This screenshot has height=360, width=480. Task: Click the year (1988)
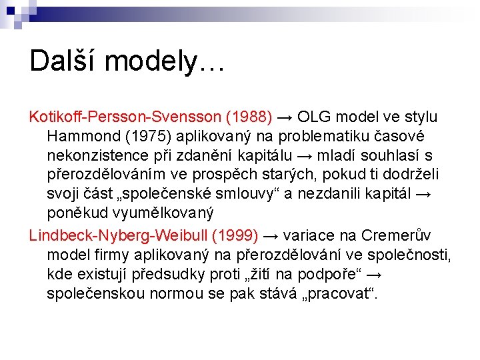pyautogui.click(x=249, y=117)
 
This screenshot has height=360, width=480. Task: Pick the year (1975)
pyautogui.click(x=145, y=136)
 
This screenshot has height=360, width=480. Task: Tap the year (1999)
pyautogui.click(x=234, y=235)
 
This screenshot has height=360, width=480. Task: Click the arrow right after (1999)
pyautogui.click(x=272, y=235)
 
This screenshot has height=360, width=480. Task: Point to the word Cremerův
pyautogui.click(x=396, y=235)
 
